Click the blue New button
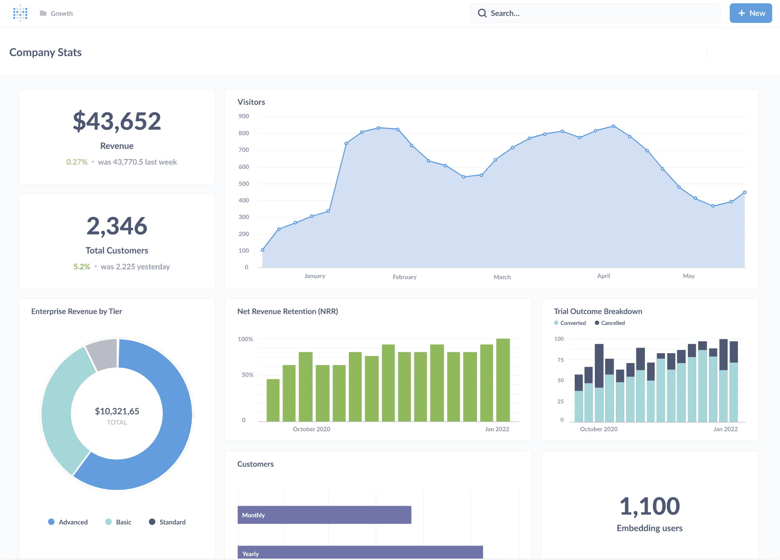point(751,13)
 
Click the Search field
point(595,13)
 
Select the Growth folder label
point(61,14)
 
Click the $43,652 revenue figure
point(117,121)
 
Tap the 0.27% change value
point(77,162)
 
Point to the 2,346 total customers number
point(117,226)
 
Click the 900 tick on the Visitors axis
point(244,116)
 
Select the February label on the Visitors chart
point(404,277)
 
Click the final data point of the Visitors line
point(744,192)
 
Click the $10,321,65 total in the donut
point(117,411)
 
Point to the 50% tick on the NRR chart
point(247,375)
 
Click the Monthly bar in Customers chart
point(324,515)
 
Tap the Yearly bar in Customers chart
point(360,553)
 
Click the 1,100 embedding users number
point(650,506)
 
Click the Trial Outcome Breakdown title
point(598,311)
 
